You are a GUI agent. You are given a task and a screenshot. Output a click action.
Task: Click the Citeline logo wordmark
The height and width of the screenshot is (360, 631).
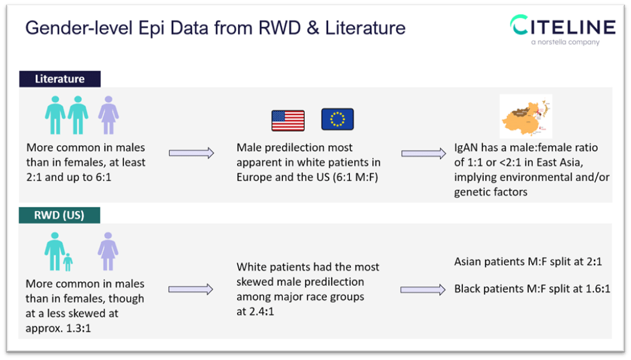(563, 27)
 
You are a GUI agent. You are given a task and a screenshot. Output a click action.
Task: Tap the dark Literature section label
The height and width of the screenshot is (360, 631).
(59, 79)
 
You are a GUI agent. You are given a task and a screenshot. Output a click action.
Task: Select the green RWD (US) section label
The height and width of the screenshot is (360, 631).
(59, 215)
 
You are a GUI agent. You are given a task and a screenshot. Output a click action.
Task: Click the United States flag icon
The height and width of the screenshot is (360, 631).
(288, 120)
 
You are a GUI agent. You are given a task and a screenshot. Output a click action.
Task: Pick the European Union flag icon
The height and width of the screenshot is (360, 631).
(338, 119)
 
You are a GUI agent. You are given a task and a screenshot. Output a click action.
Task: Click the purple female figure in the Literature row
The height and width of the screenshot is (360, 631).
(108, 115)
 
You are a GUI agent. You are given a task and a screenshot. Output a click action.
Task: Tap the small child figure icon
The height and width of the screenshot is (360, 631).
(68, 262)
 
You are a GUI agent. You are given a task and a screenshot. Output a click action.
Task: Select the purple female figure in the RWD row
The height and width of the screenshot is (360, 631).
(108, 251)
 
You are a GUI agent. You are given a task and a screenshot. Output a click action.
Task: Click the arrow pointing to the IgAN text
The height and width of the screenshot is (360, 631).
(423, 154)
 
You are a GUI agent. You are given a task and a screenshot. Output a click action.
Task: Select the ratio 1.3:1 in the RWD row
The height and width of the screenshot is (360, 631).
(78, 328)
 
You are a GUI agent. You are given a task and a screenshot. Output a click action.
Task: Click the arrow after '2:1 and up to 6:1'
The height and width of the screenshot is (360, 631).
(191, 153)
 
